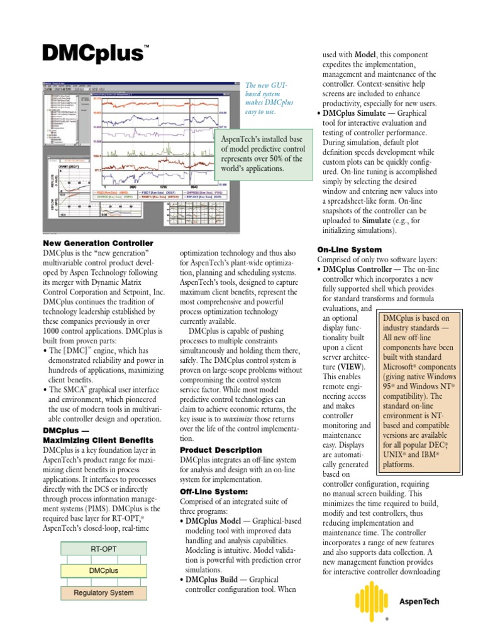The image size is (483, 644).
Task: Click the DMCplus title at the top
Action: pos(92,53)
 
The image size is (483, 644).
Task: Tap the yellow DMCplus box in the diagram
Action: pos(103,570)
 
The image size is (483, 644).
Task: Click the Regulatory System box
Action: pos(103,592)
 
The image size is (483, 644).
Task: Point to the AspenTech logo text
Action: pos(419,601)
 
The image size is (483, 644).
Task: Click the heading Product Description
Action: pos(221,450)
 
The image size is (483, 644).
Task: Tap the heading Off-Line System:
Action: pos(214,491)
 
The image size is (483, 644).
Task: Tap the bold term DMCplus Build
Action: pos(215,579)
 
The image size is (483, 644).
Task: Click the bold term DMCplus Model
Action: pos(217,521)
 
